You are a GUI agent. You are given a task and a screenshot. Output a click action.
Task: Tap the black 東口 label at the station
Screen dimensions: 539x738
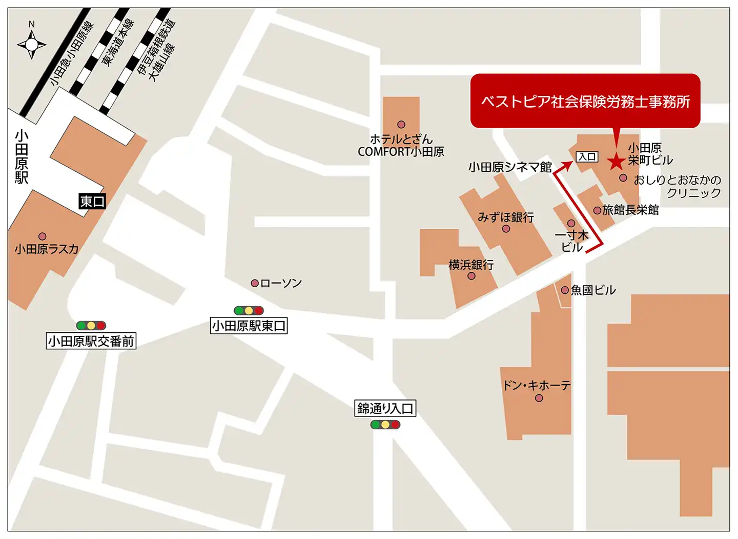point(92,201)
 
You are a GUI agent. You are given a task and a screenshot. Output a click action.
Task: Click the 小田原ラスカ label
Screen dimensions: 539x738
point(47,249)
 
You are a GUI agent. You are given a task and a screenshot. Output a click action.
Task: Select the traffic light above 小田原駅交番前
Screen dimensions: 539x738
point(91,325)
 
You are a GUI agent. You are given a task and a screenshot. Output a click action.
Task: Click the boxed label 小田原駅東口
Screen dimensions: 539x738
point(249,326)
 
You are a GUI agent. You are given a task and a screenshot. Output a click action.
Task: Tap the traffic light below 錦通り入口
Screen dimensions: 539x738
point(385,425)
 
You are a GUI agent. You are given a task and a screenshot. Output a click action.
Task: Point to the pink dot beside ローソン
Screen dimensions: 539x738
point(254,283)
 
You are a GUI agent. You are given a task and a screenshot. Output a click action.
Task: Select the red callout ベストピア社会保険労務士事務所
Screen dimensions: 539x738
point(585,101)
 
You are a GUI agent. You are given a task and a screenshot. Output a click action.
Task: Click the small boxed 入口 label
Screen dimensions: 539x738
point(587,157)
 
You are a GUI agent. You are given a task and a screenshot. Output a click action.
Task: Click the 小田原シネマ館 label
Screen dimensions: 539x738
point(509,167)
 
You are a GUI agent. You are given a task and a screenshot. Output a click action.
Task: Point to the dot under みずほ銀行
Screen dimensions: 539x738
point(506,229)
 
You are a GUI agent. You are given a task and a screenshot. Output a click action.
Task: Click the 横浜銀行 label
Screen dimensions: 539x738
point(470,265)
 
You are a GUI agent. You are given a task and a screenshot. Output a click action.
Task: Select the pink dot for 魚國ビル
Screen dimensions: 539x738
point(565,290)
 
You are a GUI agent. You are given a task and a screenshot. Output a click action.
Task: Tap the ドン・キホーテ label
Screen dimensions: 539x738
point(536,386)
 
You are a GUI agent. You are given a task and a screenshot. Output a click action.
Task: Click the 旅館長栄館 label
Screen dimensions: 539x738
point(630,210)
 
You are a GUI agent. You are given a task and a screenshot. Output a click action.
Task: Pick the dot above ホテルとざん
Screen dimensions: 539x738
point(401,125)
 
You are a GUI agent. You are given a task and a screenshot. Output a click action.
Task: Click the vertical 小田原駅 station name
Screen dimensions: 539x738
point(22,156)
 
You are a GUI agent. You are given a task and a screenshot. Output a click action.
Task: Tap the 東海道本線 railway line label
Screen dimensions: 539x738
point(118,42)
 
